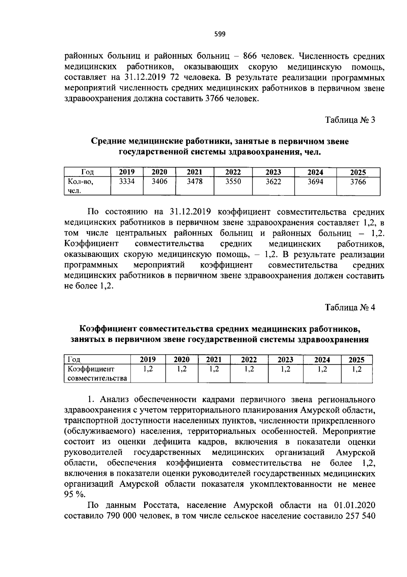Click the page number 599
pos(220,34)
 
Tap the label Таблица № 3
pos(350,120)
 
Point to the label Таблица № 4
pos(350,308)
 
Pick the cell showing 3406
pos(159,182)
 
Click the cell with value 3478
pos(195,182)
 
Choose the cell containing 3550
pos(233,182)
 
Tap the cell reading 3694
pos(315,182)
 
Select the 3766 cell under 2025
pos(358,182)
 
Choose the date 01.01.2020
pos(355,505)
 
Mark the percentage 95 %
pos(74,495)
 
